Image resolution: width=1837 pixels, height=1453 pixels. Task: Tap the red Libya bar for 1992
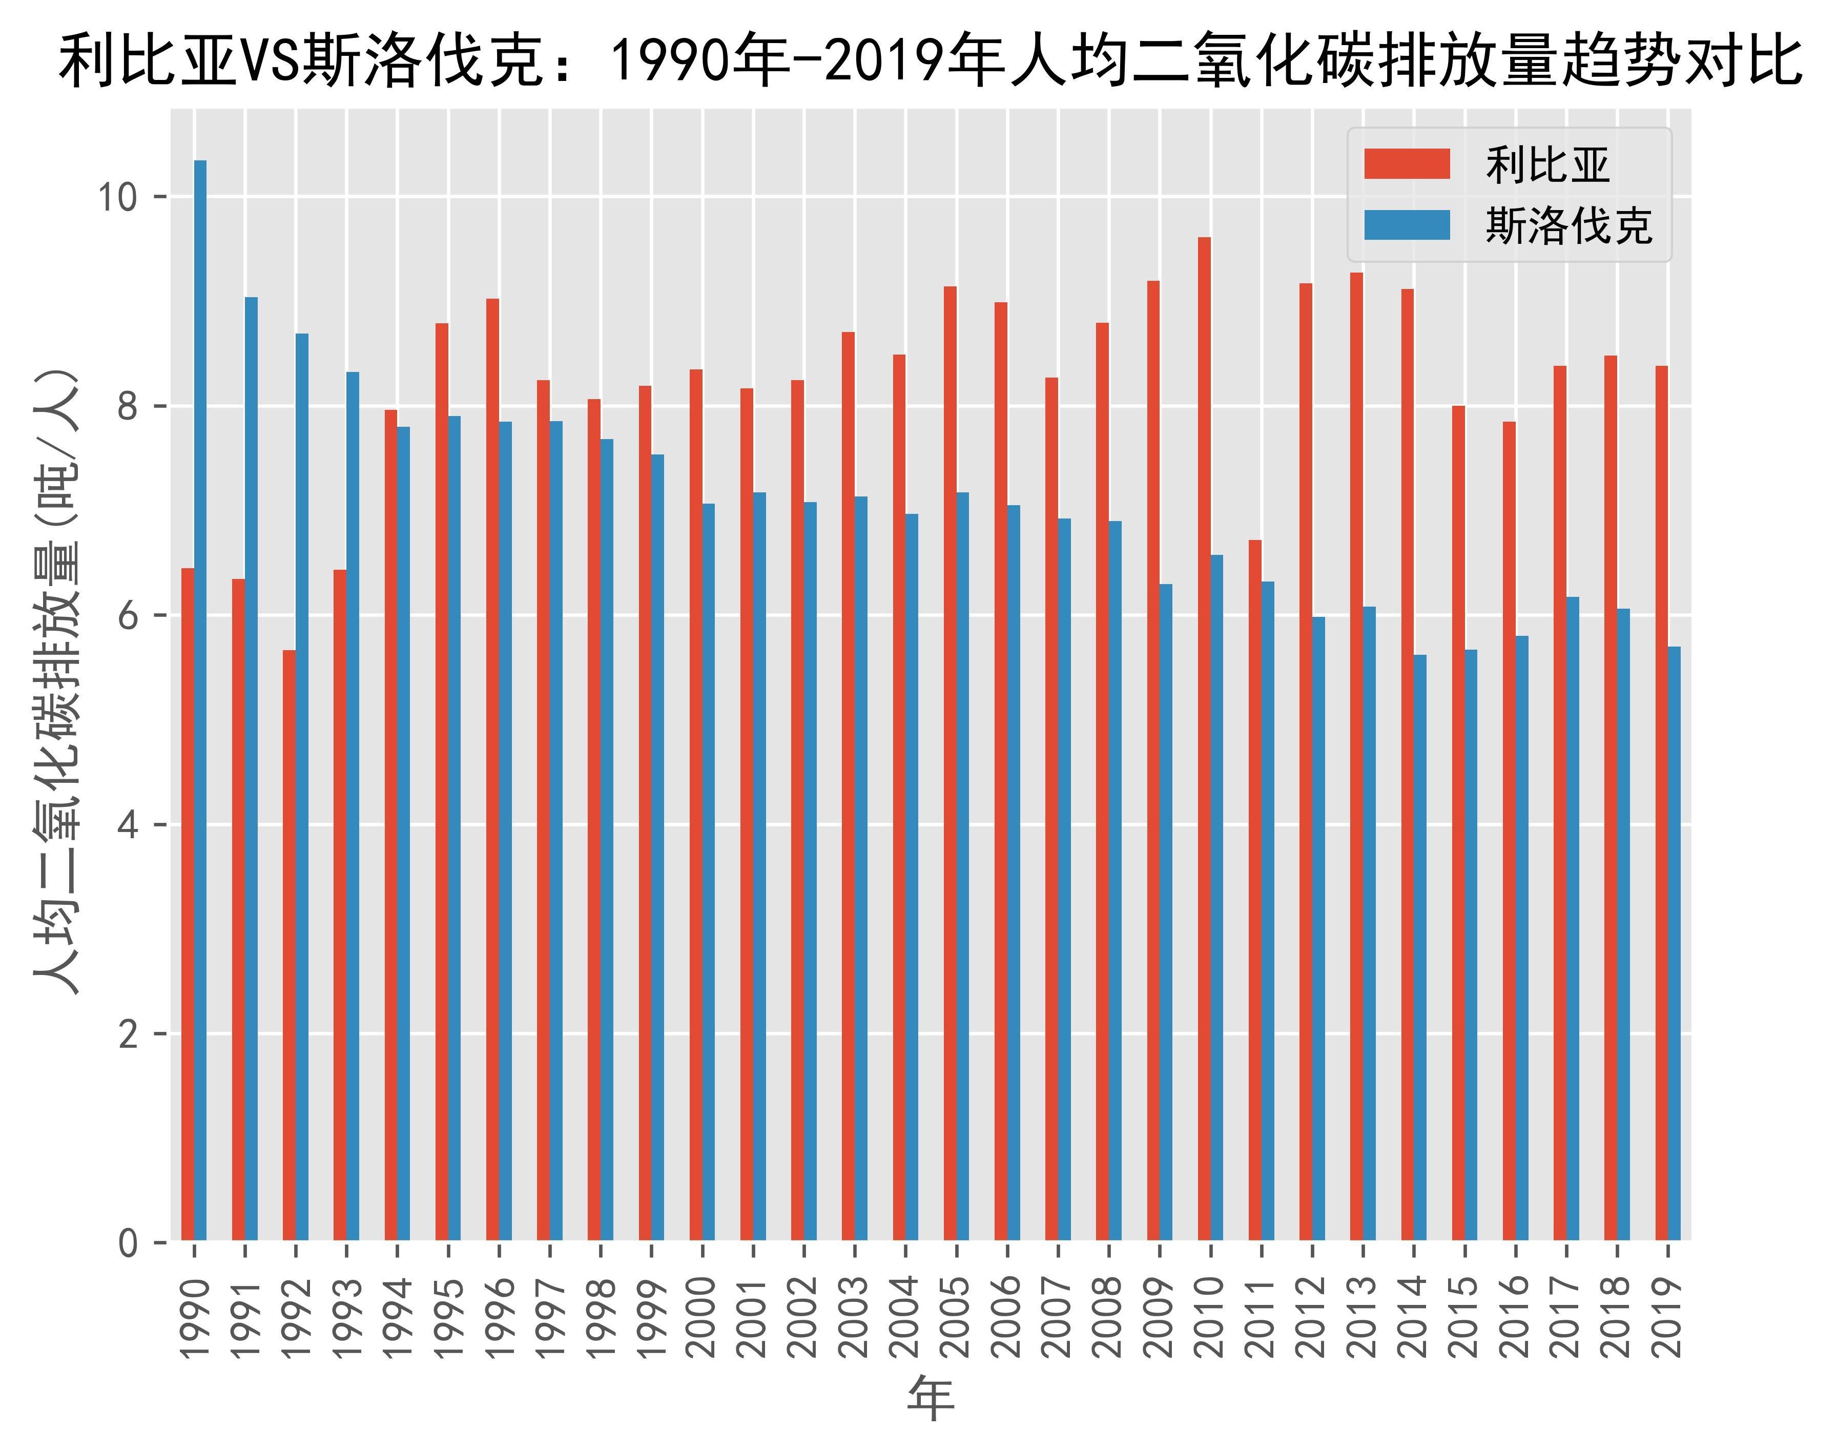[290, 944]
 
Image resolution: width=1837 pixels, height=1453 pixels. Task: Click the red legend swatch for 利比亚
[1407, 164]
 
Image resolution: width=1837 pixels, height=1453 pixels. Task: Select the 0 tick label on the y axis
[128, 1243]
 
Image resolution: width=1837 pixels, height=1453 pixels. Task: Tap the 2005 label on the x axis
[956, 1317]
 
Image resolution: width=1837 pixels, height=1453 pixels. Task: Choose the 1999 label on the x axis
[651, 1317]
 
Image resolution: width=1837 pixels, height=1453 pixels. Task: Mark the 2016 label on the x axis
[1515, 1317]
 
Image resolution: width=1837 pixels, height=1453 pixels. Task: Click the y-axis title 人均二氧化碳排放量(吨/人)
[58, 680]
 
